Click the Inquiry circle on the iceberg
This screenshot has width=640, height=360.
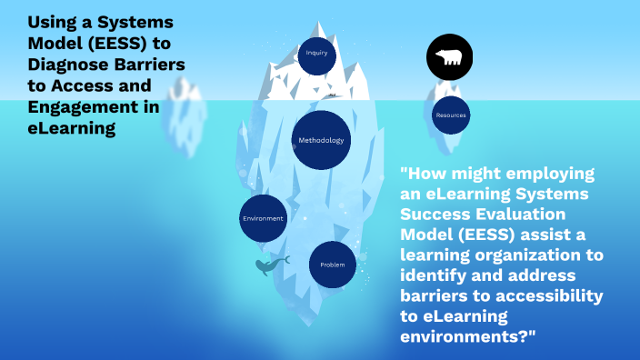[316, 53]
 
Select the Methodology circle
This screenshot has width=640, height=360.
[321, 140]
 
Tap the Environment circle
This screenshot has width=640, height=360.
[263, 218]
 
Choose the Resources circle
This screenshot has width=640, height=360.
[451, 115]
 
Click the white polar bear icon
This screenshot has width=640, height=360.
[451, 60]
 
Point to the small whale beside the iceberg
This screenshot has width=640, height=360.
[271, 265]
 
